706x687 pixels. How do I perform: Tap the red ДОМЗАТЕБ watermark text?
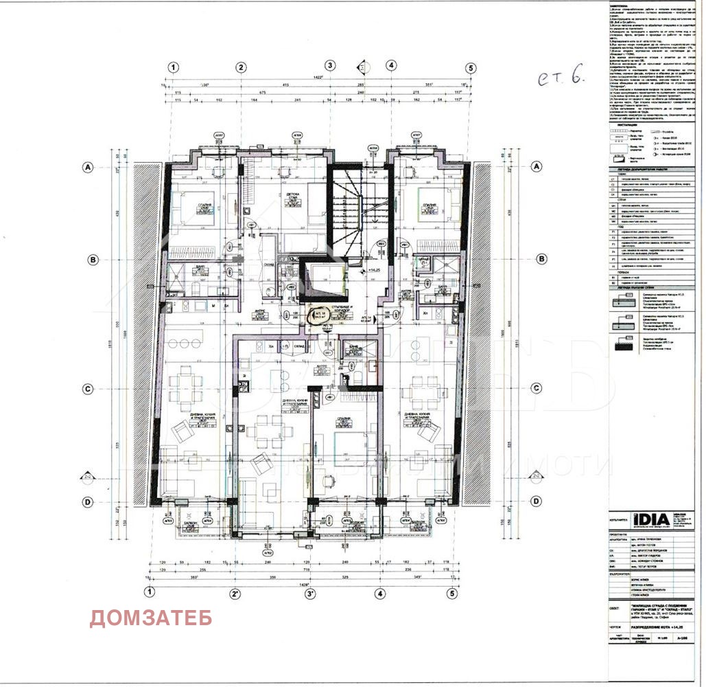tap(151, 618)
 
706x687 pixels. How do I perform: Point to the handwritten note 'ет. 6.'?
tap(560, 79)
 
